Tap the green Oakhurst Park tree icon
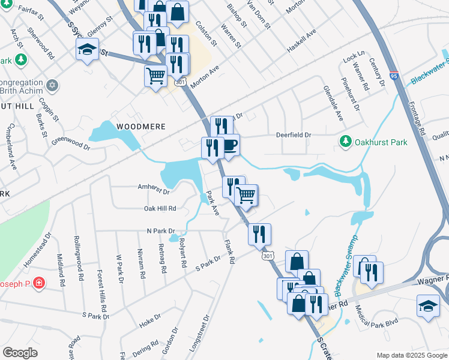pyautogui.click(x=346, y=142)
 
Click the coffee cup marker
pyautogui.click(x=229, y=145)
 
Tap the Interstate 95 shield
pyautogui.click(x=393, y=76)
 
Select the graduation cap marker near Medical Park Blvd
pyautogui.click(x=428, y=305)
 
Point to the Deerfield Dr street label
pyautogui.click(x=293, y=136)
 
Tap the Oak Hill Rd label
pyautogui.click(x=160, y=208)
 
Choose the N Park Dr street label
pyautogui.click(x=160, y=230)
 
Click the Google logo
pyautogui.click(x=20, y=353)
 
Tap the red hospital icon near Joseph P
pyautogui.click(x=39, y=282)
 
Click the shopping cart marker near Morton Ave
pyautogui.click(x=155, y=76)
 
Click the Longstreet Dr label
pyautogui.click(x=199, y=332)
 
